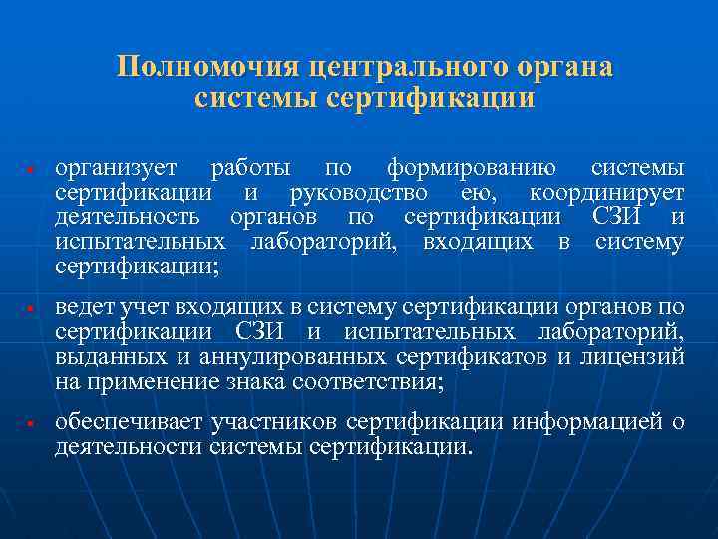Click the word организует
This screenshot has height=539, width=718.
[x=117, y=167]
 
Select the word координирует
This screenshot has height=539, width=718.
[x=607, y=192]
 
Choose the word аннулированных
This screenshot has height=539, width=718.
[x=297, y=356]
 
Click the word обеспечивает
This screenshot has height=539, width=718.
[x=127, y=423]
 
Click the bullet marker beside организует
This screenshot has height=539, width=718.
[x=33, y=167]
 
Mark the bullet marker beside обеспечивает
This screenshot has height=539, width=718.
[x=33, y=424]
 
